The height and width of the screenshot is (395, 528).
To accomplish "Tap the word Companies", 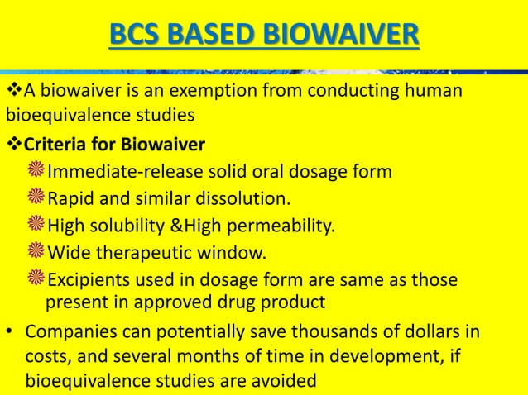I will [x=65, y=332].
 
